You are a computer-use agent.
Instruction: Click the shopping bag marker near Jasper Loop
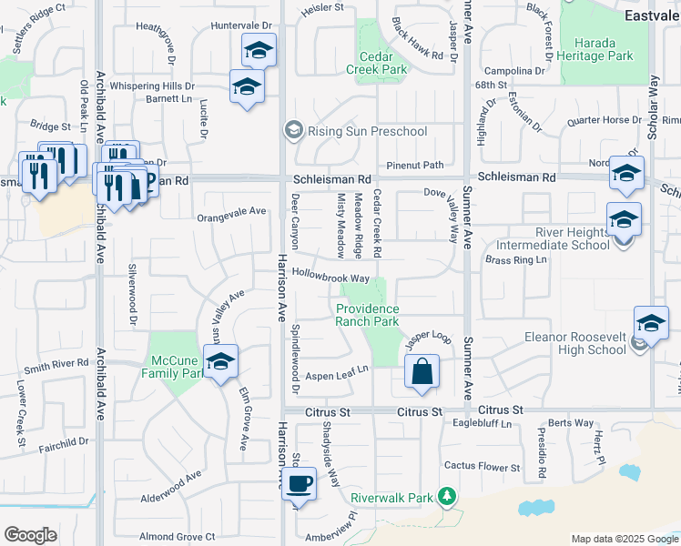click(422, 372)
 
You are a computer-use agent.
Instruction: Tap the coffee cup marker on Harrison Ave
click(299, 485)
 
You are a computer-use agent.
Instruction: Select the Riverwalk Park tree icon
click(446, 496)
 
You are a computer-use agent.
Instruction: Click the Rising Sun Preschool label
click(367, 132)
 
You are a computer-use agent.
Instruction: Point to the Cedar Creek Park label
click(381, 61)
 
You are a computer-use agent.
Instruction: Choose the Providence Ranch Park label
click(368, 315)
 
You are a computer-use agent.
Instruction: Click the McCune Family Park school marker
click(220, 363)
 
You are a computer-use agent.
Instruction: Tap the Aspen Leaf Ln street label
click(335, 369)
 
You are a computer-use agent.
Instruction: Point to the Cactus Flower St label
click(482, 467)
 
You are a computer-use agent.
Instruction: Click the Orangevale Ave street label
click(231, 211)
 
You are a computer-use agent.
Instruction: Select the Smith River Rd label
click(61, 368)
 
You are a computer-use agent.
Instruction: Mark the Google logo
click(30, 535)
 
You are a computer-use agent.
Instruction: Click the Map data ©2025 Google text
click(624, 539)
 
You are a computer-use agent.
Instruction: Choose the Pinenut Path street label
click(414, 165)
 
